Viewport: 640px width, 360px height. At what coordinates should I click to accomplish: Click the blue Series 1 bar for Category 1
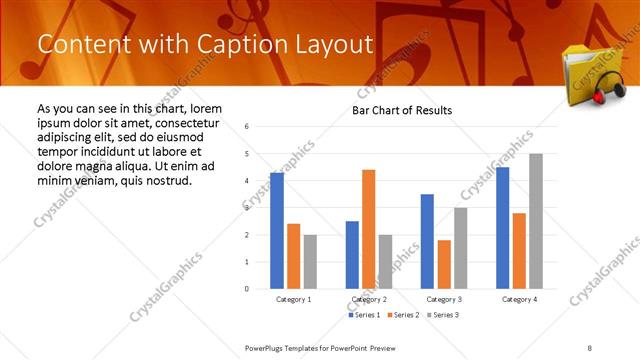[x=277, y=231]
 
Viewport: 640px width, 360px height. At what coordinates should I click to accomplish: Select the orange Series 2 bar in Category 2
[x=368, y=229]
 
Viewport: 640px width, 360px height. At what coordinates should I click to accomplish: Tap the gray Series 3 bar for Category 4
[x=536, y=221]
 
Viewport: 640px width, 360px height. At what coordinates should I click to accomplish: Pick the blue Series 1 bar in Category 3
[x=427, y=241]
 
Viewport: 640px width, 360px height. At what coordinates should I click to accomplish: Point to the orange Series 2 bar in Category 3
[x=444, y=264]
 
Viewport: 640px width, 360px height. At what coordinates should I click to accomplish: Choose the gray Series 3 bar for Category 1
[x=310, y=261]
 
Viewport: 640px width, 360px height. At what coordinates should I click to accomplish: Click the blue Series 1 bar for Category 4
[x=502, y=228]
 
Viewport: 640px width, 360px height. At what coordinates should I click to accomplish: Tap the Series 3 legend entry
[x=443, y=315]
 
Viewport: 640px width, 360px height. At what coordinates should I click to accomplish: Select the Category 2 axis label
[x=369, y=299]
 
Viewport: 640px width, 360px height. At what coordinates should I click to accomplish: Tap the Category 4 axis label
[x=519, y=299]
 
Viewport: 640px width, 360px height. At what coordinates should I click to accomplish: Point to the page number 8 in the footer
[x=589, y=347]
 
